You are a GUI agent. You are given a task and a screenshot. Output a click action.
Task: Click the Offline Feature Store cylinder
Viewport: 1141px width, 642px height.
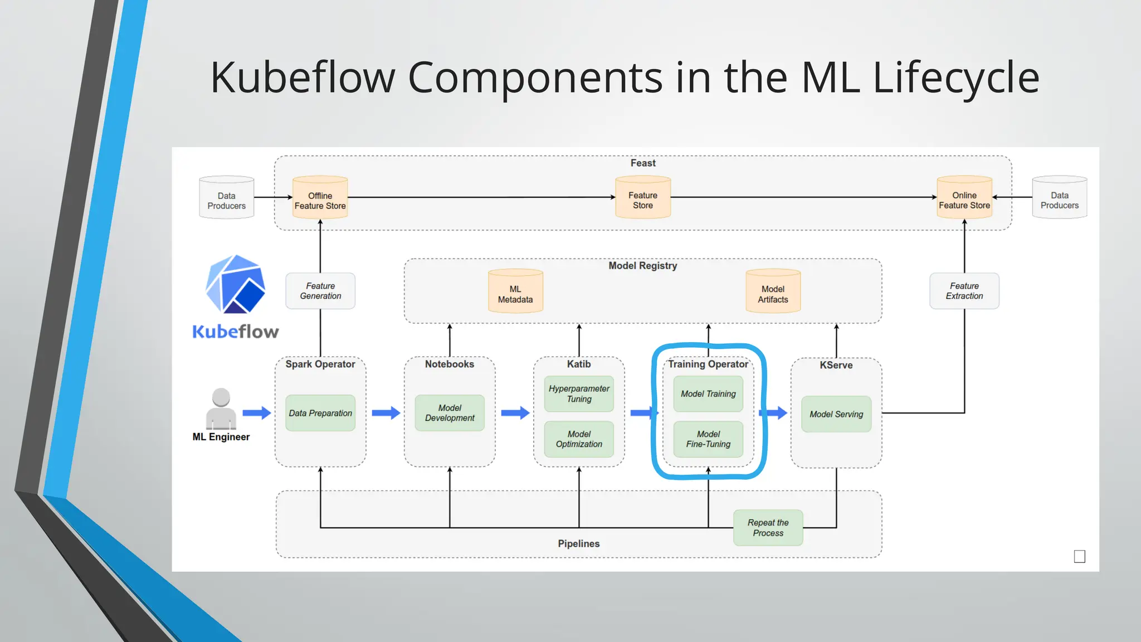tap(320, 198)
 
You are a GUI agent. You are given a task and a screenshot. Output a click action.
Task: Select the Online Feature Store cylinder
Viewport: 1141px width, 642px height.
tap(964, 198)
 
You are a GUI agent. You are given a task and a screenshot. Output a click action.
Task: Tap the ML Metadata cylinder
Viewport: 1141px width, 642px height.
tap(515, 292)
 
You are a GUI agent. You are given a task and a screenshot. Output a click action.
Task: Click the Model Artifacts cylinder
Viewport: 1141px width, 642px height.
tap(773, 292)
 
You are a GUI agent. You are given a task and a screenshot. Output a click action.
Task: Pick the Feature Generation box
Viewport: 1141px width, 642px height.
tap(320, 291)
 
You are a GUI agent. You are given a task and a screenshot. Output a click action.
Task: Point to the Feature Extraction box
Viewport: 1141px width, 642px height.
tap(964, 291)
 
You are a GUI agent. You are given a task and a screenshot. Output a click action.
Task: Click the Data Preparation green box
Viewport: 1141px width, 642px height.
tap(320, 413)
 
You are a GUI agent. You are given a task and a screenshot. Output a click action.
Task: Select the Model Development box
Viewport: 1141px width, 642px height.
tap(450, 413)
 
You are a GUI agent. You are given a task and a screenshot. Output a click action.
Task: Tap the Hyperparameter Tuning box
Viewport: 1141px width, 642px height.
tap(579, 393)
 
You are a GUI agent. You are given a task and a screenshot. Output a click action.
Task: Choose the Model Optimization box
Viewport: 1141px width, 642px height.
tap(579, 439)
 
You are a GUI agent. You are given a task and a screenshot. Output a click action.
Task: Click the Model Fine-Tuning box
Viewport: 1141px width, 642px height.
tap(708, 439)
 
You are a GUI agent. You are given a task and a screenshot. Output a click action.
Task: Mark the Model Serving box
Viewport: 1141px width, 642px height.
tap(836, 414)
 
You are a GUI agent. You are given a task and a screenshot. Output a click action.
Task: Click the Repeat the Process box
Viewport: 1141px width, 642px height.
tap(768, 528)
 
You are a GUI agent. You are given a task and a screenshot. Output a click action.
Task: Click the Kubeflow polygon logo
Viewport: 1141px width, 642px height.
tap(235, 284)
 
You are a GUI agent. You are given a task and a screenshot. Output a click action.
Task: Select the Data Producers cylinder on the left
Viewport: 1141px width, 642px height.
tap(227, 198)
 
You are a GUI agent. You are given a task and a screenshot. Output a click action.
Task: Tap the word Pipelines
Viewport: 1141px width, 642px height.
tap(578, 543)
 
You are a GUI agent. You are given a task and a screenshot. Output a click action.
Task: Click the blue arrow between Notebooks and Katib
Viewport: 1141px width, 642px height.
tap(515, 413)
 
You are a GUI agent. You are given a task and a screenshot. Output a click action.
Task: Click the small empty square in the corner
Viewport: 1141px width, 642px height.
tap(1079, 556)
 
